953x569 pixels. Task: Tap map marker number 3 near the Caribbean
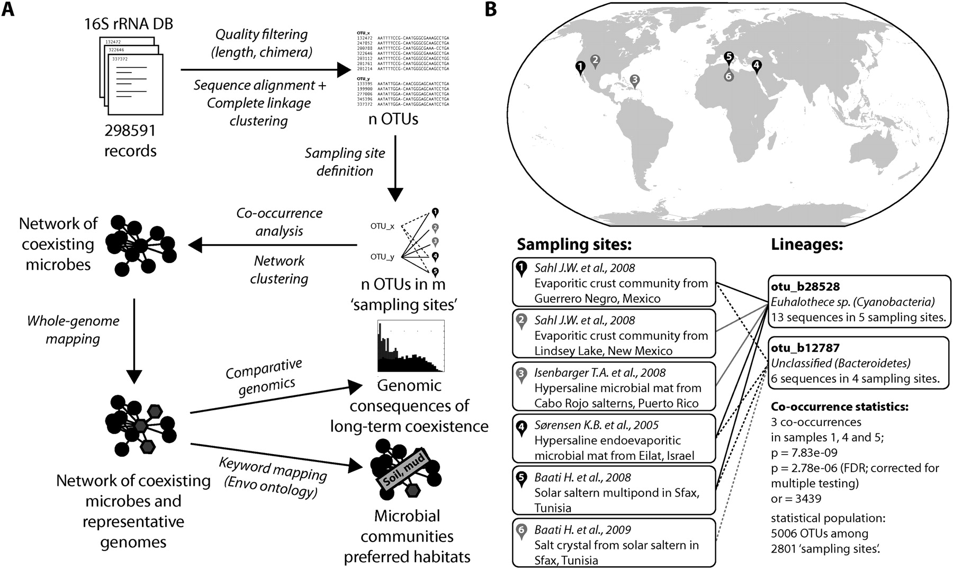click(635, 80)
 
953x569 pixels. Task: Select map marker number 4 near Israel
click(757, 66)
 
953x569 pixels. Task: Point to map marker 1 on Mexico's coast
click(580, 67)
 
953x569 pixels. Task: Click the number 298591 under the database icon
click(130, 130)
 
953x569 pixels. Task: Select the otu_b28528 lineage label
click(805, 287)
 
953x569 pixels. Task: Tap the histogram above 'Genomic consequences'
click(410, 346)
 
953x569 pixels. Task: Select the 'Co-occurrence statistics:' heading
click(840, 407)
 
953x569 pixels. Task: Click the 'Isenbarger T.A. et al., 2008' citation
click(600, 373)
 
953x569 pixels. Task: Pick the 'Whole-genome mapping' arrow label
click(73, 329)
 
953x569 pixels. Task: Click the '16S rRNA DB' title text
click(129, 24)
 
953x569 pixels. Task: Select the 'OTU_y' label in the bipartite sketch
click(382, 257)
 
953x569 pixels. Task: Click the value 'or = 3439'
click(796, 499)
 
